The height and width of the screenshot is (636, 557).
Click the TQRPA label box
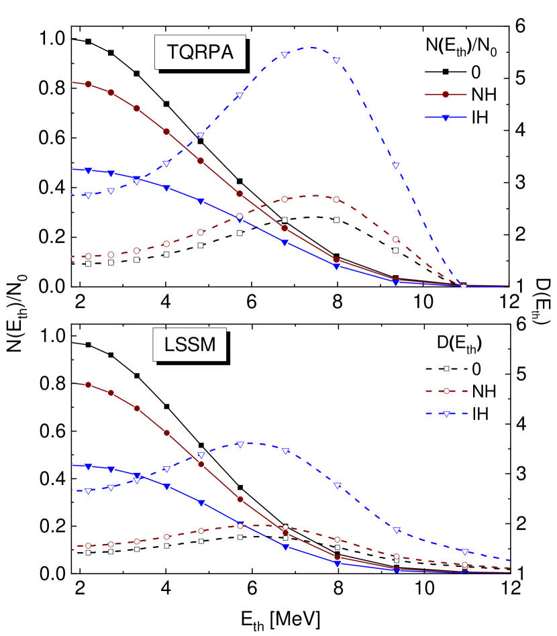[200, 52]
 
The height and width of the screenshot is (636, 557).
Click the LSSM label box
[190, 344]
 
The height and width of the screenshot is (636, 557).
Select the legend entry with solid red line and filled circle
[446, 95]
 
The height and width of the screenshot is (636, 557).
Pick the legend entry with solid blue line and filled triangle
[446, 117]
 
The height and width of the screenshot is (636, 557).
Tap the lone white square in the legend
[446, 368]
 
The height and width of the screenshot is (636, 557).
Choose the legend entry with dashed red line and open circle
[446, 390]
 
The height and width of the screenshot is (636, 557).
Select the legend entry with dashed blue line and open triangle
[446, 413]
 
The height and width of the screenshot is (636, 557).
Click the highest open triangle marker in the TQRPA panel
[285, 54]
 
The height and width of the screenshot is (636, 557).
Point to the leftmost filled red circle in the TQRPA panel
[88, 84]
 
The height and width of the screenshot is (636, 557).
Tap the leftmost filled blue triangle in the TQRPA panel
[88, 170]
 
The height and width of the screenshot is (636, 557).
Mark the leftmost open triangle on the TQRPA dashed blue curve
[88, 195]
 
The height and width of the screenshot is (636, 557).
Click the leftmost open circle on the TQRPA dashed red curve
[88, 256]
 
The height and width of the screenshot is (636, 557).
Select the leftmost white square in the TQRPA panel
[88, 264]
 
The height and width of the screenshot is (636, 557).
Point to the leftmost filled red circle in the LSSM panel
[88, 384]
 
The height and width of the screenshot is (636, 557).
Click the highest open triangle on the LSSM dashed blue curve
[240, 443]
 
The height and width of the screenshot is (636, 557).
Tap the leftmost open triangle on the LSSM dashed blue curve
[88, 491]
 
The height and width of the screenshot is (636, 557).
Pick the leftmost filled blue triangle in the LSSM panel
[88, 466]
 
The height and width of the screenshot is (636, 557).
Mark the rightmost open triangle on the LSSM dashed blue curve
[464, 551]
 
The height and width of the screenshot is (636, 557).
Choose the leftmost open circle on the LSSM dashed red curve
[88, 545]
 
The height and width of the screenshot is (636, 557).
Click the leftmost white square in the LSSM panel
[88, 553]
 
